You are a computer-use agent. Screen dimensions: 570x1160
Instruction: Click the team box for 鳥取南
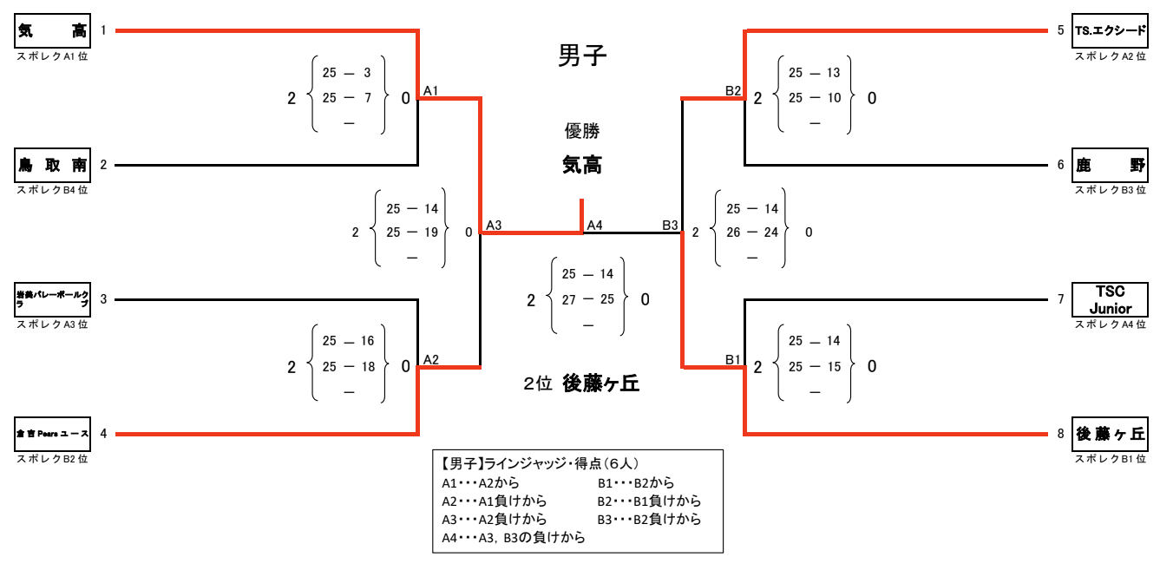point(53,165)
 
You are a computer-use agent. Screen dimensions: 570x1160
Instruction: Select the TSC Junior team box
point(1111,299)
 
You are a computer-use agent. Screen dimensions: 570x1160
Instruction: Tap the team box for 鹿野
point(1111,165)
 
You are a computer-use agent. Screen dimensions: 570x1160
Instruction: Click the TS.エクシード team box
point(1111,31)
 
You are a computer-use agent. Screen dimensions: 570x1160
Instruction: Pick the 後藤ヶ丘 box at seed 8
point(1111,434)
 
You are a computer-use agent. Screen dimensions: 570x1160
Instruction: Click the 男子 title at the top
point(581,57)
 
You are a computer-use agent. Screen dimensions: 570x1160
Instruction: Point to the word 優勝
point(582,132)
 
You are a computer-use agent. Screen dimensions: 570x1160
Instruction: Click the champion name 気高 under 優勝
point(582,165)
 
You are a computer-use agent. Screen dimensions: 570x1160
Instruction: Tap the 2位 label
point(538,384)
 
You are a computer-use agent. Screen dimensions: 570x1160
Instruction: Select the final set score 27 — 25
point(587,299)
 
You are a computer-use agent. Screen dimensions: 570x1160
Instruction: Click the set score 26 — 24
point(751,233)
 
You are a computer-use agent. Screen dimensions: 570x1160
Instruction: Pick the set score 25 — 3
point(347,73)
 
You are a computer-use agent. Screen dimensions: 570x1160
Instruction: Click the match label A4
point(595,226)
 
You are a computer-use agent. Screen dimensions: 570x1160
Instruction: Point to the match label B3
point(670,226)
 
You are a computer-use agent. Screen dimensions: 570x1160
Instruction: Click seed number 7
point(1060,299)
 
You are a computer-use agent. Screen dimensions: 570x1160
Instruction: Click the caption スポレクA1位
point(53,56)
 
